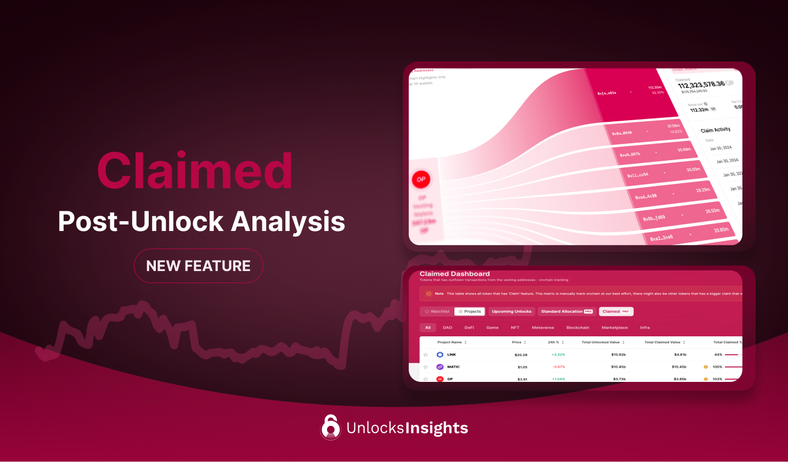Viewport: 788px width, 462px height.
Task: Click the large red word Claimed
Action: pos(195,171)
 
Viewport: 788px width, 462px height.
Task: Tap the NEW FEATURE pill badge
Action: pos(198,266)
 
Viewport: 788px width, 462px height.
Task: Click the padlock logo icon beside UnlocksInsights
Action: pos(330,427)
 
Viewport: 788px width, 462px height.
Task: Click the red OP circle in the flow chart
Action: pos(421,179)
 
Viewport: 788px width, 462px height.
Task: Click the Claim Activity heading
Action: pos(715,130)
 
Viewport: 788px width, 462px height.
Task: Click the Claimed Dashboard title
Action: pos(454,274)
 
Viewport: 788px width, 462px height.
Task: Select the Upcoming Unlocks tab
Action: pos(511,312)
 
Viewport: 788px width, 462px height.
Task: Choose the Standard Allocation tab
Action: pos(566,312)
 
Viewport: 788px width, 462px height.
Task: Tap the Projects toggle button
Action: pos(470,312)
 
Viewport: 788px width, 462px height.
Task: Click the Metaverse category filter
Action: pos(543,328)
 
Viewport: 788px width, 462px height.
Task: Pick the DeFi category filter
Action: pos(469,328)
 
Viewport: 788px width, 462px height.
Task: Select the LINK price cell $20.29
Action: pos(521,355)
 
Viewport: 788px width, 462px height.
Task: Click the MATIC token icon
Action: pos(440,367)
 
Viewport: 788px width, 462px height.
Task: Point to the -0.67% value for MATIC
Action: pos(558,367)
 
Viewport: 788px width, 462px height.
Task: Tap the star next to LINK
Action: pos(425,355)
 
